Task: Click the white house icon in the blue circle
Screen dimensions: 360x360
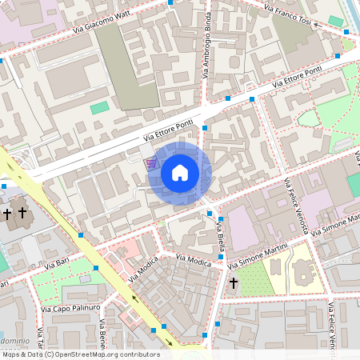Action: (180, 173)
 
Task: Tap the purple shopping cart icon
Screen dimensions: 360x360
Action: (151, 163)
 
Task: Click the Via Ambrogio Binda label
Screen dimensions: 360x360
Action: (206, 46)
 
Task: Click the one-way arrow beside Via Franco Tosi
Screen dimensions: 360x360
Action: (318, 25)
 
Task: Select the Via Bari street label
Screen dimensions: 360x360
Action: (58, 262)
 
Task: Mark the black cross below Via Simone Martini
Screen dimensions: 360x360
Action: (234, 283)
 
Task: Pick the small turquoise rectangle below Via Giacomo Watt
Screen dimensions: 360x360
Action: (99, 107)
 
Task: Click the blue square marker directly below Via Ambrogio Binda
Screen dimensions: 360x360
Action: (205, 128)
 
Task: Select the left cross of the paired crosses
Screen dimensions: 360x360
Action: (7, 214)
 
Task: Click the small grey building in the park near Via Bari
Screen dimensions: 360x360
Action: (82, 280)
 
